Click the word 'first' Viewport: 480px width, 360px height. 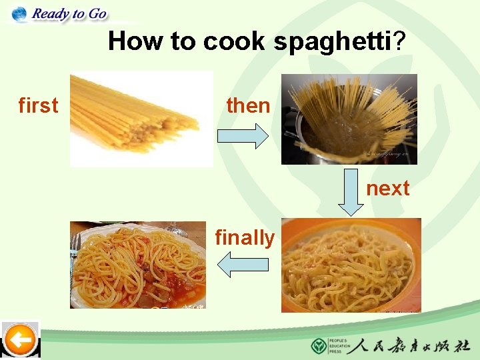(38, 105)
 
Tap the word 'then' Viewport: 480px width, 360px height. (248, 105)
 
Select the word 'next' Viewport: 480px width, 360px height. (387, 188)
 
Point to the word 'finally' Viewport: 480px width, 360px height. (245, 237)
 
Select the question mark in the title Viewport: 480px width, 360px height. (399, 41)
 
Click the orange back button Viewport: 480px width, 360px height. (21, 341)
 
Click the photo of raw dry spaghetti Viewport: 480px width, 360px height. (141, 119)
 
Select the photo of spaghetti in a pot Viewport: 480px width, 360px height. (349, 119)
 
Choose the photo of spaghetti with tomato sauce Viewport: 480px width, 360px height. (138, 265)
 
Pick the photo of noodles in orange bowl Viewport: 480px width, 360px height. (351, 265)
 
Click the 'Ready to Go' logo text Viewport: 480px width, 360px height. (69, 13)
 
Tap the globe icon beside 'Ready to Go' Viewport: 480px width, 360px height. (19, 13)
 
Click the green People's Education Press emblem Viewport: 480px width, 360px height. (319, 346)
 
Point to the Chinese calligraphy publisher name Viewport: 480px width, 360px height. (412, 346)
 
